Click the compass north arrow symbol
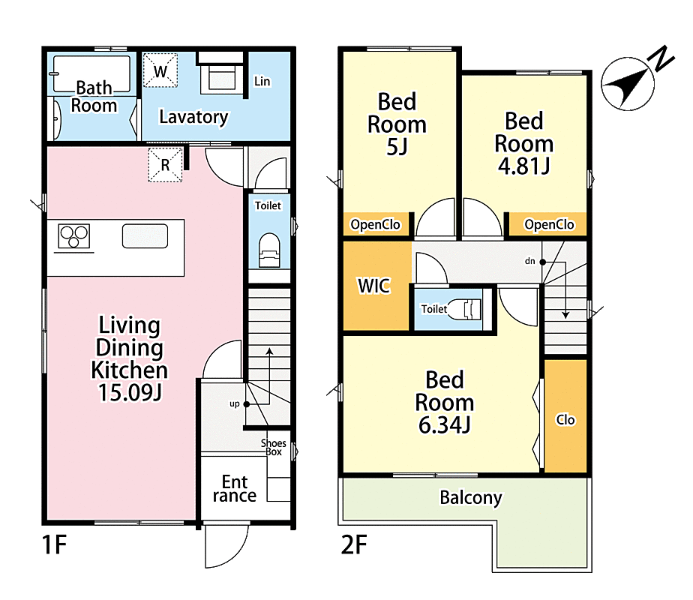tap(628, 83)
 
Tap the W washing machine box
tap(160, 70)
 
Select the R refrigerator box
tap(165, 165)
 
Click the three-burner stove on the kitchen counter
tap(73, 235)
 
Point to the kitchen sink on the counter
tap(145, 236)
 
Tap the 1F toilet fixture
tap(269, 250)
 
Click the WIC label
tap(374, 286)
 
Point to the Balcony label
tap(471, 498)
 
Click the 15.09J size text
tap(130, 392)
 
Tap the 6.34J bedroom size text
tap(444, 424)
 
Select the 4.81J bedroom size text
tap(523, 166)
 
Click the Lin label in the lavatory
tap(262, 81)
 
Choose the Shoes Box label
tap(273, 447)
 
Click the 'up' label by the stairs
tap(235, 403)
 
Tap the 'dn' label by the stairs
tap(530, 261)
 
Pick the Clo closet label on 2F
tap(565, 420)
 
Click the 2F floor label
tap(354, 544)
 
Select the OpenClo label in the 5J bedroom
tap(375, 224)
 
